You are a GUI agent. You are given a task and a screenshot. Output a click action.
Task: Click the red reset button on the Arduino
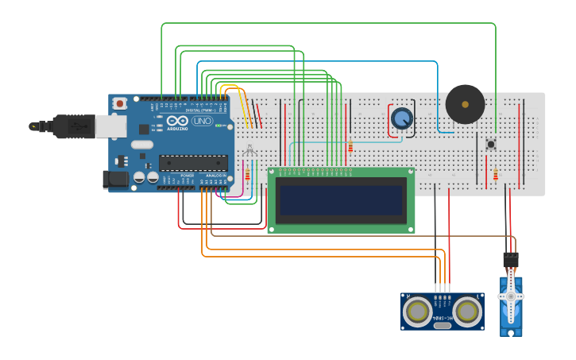coord(120,103)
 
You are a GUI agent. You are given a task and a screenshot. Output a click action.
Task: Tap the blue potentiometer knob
coord(402,118)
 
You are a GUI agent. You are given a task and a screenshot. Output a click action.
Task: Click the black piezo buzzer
coord(465,104)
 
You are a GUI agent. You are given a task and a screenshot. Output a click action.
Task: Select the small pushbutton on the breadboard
coord(491,144)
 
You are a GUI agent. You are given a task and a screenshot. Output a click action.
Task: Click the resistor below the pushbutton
coord(496,175)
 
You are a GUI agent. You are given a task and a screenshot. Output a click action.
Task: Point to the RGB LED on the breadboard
coord(249,150)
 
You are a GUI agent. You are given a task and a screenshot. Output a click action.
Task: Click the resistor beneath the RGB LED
coord(247,175)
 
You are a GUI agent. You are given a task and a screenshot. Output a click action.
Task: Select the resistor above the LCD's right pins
coord(350,146)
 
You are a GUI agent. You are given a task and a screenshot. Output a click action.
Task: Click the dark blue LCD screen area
coord(341,200)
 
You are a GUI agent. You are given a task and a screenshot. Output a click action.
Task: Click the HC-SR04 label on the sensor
coord(443,318)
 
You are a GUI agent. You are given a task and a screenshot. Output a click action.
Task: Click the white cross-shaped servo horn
coord(510,296)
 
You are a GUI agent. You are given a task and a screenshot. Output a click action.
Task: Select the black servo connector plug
coord(510,260)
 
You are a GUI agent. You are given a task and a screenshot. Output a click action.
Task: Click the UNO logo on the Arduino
coord(202,121)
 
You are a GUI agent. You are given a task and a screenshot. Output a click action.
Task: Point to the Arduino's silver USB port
coord(110,126)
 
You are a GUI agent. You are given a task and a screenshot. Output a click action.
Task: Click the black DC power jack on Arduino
coord(117,180)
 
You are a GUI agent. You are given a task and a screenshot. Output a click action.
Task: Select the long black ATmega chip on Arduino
coord(193,163)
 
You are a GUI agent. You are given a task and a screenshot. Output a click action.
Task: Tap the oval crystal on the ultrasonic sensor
coord(443,325)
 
